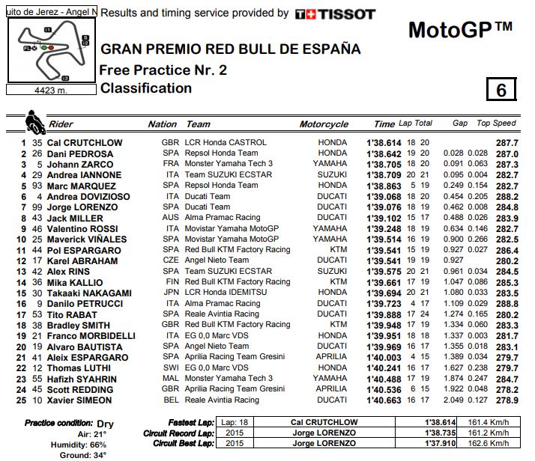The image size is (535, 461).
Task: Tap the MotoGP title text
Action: click(460, 30)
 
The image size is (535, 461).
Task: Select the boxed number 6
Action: click(500, 90)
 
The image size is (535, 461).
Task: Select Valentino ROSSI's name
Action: click(83, 228)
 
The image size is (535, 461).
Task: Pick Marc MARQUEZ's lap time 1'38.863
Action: click(384, 186)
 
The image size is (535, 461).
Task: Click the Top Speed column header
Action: click(496, 123)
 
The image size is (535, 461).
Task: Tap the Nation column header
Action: click(163, 124)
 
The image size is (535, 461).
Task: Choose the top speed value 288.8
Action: click(507, 304)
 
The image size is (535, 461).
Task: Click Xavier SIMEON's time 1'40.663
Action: click(384, 400)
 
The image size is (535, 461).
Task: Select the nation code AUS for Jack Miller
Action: click(170, 218)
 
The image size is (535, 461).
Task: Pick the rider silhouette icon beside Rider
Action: click(34, 122)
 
